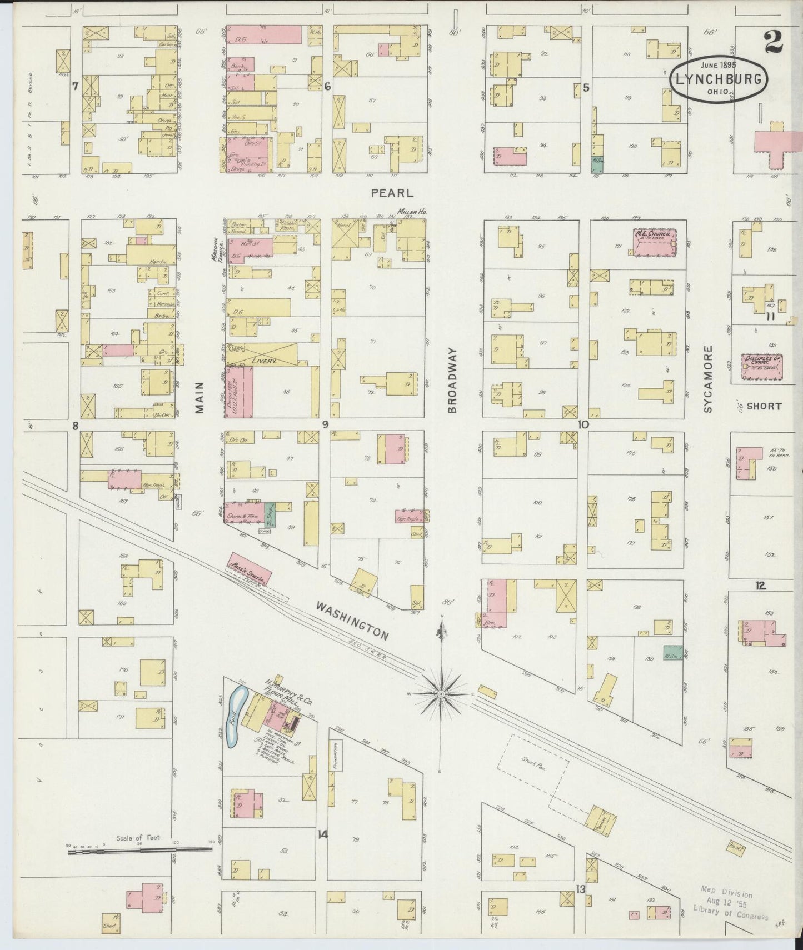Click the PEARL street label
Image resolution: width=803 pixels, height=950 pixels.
392,193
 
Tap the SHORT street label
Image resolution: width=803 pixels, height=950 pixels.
764,406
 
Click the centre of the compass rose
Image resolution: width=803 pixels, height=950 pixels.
441,694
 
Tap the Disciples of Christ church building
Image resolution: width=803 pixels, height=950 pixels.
761,367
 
